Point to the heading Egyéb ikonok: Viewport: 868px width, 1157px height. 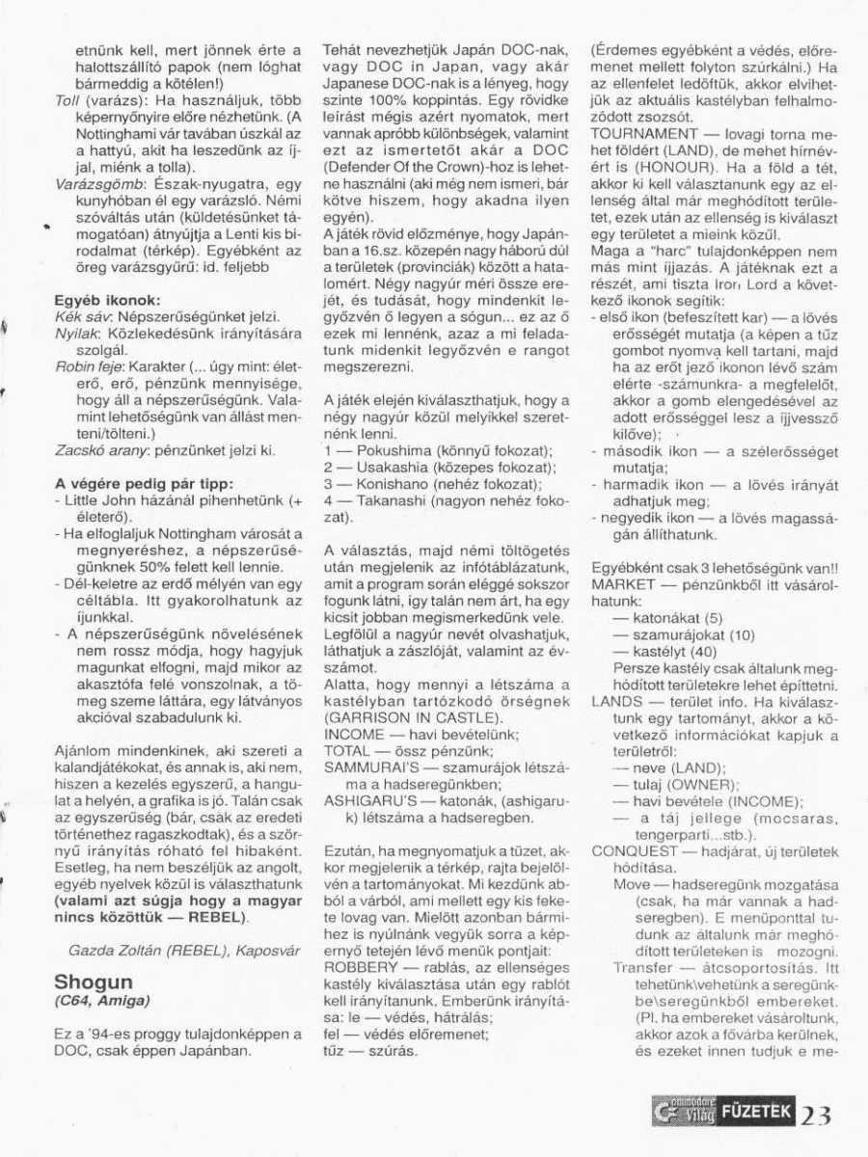point(107,301)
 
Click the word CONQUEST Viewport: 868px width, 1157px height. point(634,852)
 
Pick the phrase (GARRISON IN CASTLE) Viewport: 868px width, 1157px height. point(399,718)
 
